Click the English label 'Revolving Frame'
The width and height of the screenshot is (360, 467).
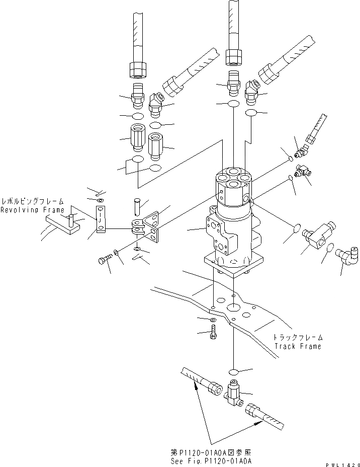pyautogui.click(x=32, y=210)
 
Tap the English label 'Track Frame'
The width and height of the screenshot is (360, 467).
pyautogui.click(x=298, y=346)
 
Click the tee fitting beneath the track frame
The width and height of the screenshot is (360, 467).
pyautogui.click(x=234, y=393)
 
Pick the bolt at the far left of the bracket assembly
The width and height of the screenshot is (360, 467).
pyautogui.click(x=103, y=260)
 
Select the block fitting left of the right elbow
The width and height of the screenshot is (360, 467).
pyautogui.click(x=316, y=239)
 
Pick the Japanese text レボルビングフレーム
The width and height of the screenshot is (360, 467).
pyautogui.click(x=32, y=200)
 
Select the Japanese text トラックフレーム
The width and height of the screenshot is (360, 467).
pyautogui.click(x=298, y=338)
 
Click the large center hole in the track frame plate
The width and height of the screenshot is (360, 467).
pyautogui.click(x=234, y=306)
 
